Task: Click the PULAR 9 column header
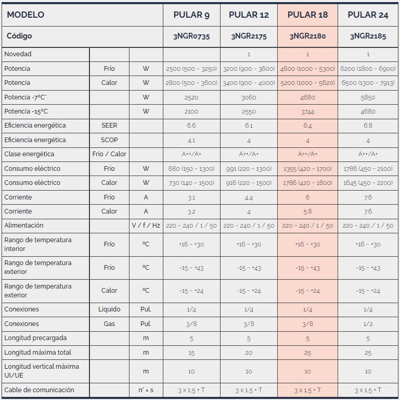pos(191,15)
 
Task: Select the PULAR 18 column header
pos(307,15)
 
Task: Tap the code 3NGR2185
pos(368,36)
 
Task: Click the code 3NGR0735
pos(191,36)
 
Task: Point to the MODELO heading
pos(25,15)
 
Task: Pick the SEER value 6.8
pos(368,126)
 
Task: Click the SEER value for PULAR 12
pos(249,126)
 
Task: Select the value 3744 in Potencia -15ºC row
pos(307,111)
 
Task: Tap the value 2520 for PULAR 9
pos(191,97)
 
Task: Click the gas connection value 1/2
pos(368,323)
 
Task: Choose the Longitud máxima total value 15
pos(191,353)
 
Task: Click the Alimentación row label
pos(24,226)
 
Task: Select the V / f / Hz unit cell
pos(146,226)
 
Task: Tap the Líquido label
pos(109,309)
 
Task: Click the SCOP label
pos(109,140)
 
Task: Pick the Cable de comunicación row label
pos(39,390)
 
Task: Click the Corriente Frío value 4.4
pos(249,197)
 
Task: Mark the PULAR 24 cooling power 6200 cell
pos(368,69)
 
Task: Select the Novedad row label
pos(18,54)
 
